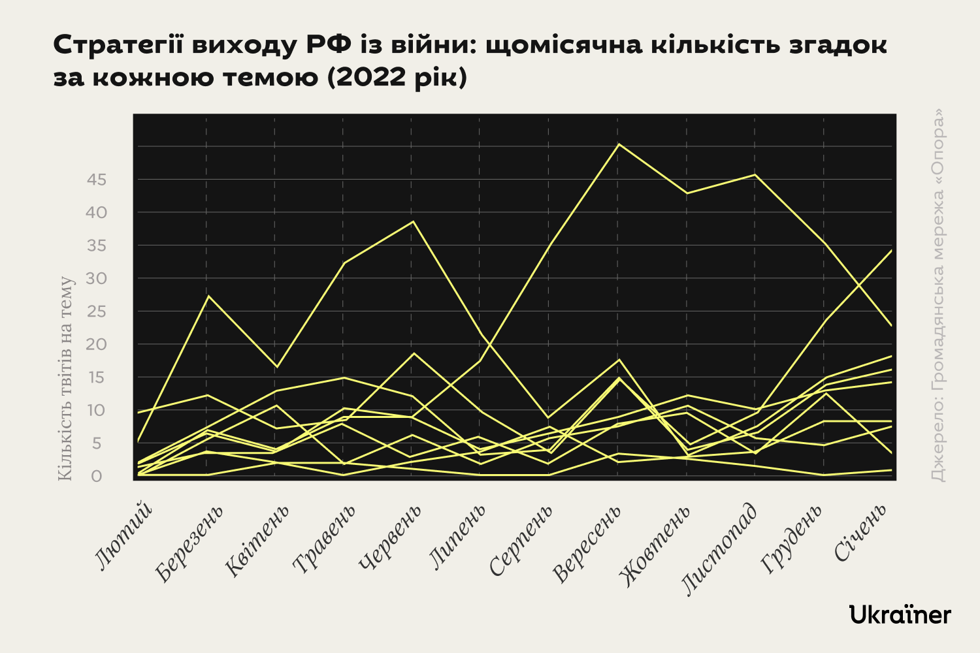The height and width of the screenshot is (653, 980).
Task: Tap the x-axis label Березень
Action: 190,543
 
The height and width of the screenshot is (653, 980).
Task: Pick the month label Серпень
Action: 522,541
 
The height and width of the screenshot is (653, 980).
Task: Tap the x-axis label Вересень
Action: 587,544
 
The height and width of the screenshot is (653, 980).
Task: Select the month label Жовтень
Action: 655,545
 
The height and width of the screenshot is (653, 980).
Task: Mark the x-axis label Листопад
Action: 721,549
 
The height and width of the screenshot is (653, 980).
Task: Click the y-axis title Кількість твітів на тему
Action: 65,379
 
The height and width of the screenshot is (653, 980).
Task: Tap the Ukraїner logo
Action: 900,614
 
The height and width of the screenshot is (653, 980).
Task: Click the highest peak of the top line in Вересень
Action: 619,144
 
